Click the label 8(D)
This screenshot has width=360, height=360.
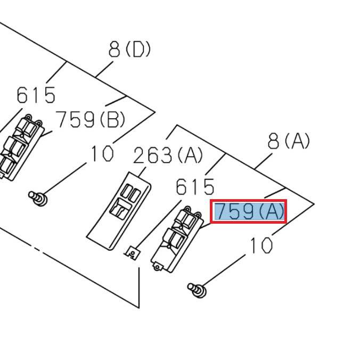click(129, 50)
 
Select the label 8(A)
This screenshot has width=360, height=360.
click(289, 141)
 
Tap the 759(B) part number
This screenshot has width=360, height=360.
click(91, 119)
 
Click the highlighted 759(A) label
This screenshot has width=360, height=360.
click(249, 212)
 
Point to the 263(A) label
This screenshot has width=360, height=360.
click(168, 156)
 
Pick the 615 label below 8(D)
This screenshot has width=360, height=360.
click(36, 95)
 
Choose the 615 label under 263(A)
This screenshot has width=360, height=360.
click(195, 187)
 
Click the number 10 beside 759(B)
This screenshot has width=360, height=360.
click(102, 154)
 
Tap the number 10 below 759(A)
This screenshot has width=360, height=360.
click(261, 246)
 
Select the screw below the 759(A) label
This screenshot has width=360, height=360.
click(197, 290)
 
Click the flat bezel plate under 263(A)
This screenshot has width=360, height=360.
click(120, 210)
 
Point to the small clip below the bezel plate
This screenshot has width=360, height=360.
click(132, 251)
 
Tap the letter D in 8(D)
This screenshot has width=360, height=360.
click(138, 50)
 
